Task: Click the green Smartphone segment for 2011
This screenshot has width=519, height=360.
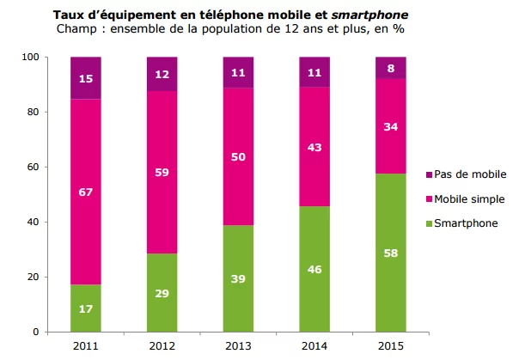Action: point(86,308)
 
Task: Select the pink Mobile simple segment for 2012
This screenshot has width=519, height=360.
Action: point(162,172)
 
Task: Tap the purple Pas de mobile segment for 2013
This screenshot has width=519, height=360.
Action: point(238,72)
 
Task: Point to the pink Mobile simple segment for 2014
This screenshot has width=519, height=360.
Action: point(314,146)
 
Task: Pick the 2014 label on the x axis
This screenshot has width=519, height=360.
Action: point(314,346)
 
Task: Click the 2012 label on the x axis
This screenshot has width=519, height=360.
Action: point(162,346)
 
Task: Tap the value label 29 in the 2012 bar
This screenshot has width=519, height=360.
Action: point(162,292)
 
